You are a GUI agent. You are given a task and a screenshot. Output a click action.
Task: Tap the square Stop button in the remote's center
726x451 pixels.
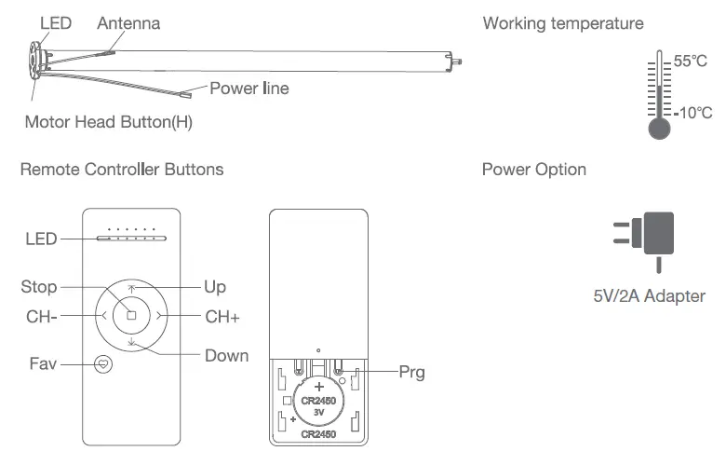click(x=131, y=316)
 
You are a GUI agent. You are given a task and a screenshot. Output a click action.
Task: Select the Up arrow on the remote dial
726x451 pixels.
click(x=131, y=289)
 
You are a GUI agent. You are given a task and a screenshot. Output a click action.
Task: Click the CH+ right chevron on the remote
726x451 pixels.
click(x=160, y=316)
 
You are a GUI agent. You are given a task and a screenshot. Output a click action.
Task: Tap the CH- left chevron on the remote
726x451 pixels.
click(x=103, y=316)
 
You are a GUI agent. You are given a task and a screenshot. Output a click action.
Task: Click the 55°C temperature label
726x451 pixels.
click(x=691, y=61)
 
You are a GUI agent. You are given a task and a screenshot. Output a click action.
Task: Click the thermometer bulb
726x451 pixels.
click(x=659, y=129)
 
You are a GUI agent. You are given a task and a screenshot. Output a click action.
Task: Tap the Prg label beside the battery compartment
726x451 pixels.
click(x=411, y=372)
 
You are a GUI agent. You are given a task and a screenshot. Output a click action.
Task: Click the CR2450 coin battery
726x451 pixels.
click(x=318, y=400)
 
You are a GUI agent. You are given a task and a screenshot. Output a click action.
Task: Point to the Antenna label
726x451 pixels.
click(x=128, y=22)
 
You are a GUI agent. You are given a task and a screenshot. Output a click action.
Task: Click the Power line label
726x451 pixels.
click(x=249, y=89)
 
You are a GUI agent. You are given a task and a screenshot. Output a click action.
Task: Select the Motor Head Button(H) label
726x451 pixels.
click(x=109, y=122)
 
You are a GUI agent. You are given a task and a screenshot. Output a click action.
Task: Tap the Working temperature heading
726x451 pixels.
click(x=563, y=22)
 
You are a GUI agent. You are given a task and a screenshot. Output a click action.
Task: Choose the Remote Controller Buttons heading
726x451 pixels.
click(x=122, y=170)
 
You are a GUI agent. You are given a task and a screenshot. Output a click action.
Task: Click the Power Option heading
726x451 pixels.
click(x=534, y=170)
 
